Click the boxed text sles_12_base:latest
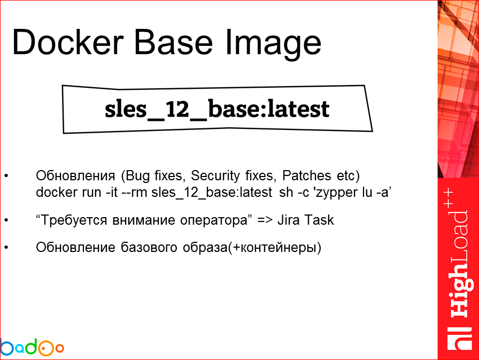tap(217, 110)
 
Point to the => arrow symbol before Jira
tap(265, 220)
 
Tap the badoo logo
tap(32, 348)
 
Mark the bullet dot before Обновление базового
tap(6, 248)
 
